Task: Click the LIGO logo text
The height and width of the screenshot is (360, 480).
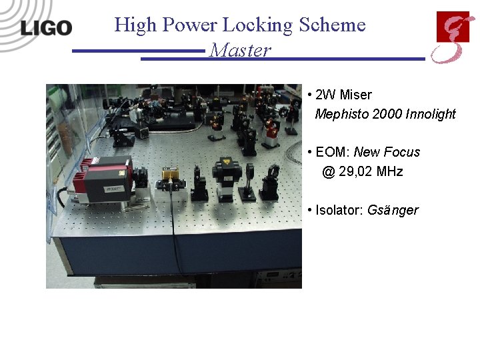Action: [45, 27]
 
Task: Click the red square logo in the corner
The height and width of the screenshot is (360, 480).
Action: [453, 27]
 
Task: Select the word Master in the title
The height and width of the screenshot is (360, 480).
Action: [240, 51]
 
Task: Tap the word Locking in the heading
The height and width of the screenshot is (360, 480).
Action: [257, 25]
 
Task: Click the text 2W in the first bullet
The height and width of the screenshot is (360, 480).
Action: [325, 95]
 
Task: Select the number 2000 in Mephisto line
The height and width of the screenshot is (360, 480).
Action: [387, 114]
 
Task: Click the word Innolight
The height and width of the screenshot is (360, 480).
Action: [431, 114]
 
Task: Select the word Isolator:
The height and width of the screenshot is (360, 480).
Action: [339, 210]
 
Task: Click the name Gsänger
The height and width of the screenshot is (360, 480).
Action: [393, 211]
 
